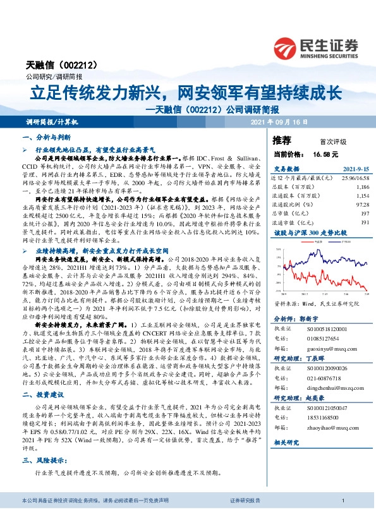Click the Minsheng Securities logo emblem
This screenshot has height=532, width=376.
[286, 46]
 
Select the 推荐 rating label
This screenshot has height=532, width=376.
[281, 140]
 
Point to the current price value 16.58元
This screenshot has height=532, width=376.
[325, 154]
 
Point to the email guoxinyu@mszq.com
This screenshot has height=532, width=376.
[325, 347]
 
